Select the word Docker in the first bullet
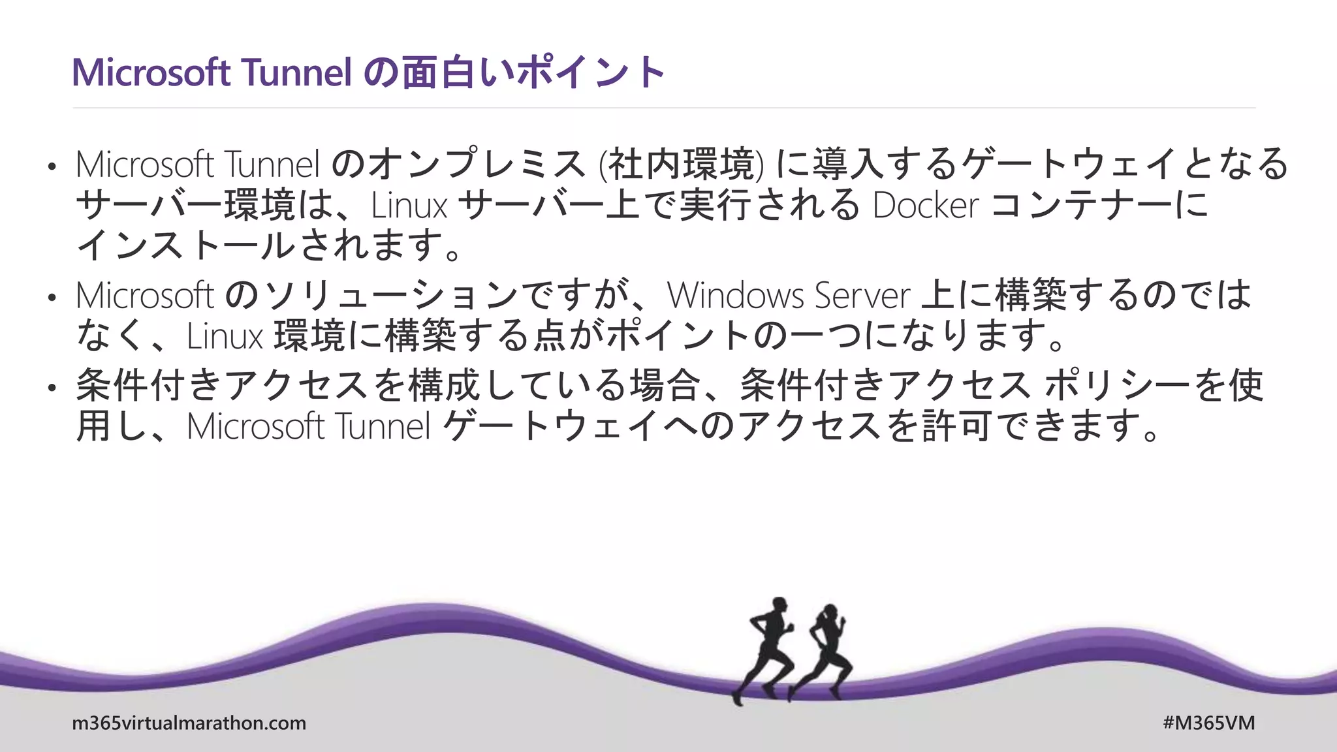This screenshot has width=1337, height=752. click(925, 205)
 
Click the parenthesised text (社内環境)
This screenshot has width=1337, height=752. click(681, 164)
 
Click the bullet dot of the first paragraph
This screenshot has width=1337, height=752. click(52, 166)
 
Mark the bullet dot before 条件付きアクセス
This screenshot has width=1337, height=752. click(52, 388)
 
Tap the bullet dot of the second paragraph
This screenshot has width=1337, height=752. click(52, 298)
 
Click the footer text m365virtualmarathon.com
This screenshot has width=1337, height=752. click(189, 723)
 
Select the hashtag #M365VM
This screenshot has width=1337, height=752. click(1208, 723)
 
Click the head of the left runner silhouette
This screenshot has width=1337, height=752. click(778, 604)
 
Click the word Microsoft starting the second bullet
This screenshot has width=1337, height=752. click(144, 295)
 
